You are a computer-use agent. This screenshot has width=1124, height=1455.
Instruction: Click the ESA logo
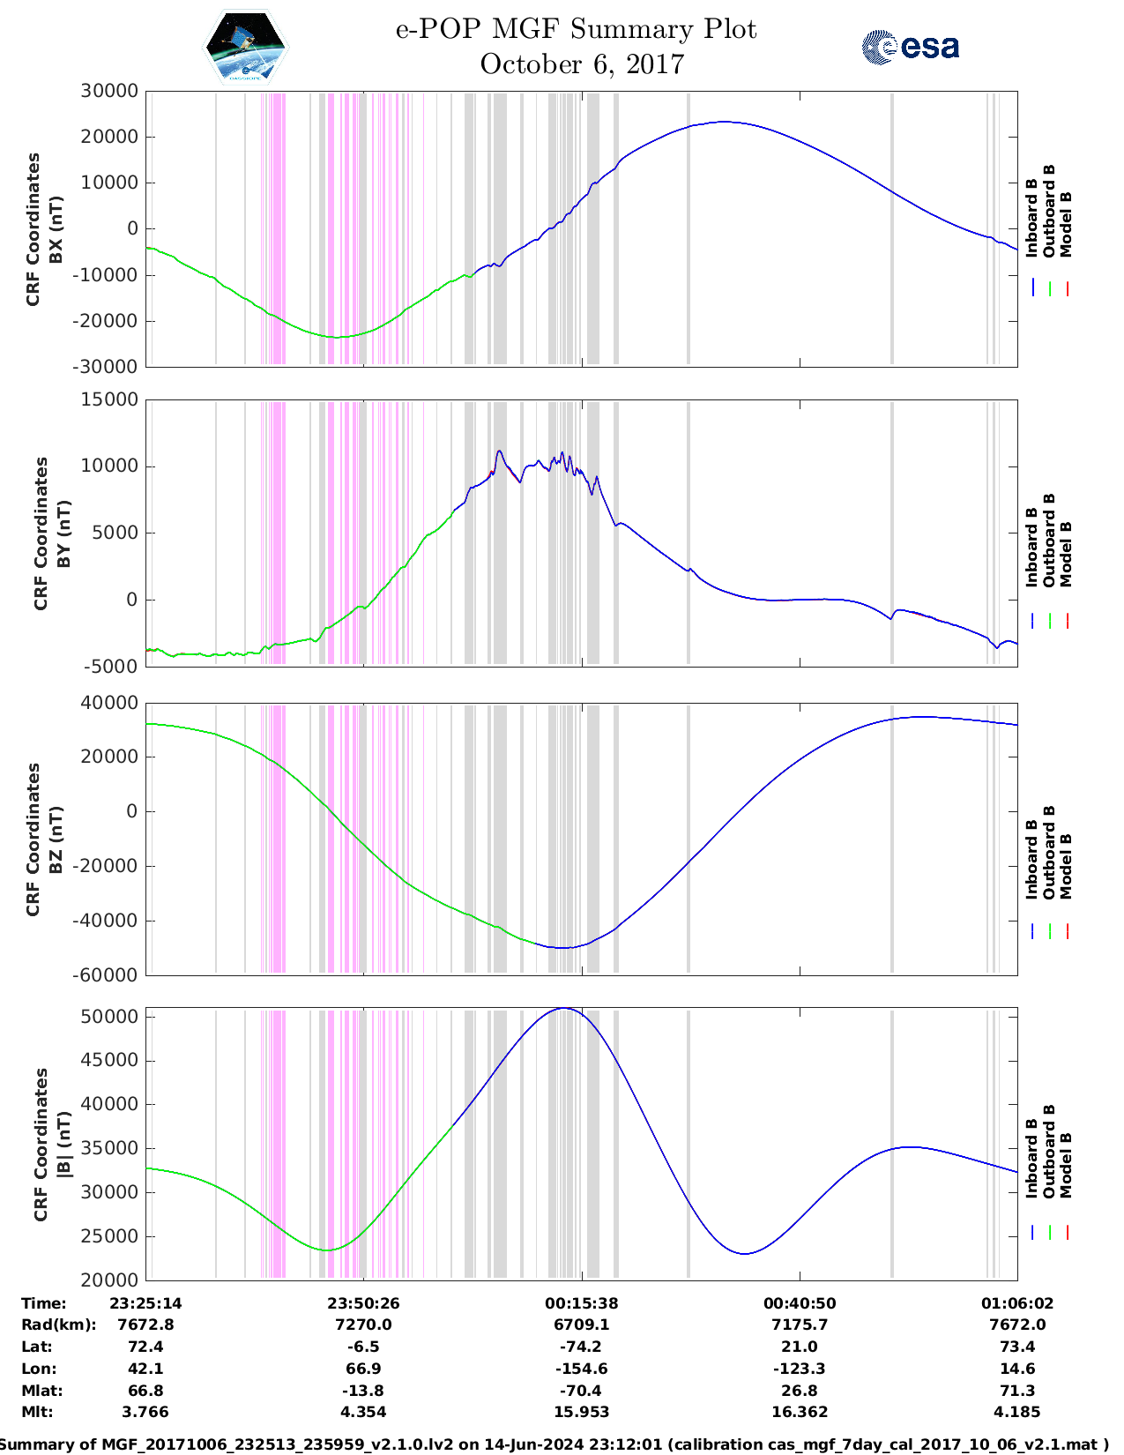point(911,47)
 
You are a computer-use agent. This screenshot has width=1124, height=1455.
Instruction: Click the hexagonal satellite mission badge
point(245,48)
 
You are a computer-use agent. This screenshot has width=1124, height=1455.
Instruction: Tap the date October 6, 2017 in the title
point(582,64)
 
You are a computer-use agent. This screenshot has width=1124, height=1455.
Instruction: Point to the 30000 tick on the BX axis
point(108,91)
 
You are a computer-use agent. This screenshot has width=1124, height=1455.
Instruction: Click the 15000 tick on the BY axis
point(108,399)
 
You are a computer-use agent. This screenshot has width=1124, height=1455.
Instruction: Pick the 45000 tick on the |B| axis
point(110,1060)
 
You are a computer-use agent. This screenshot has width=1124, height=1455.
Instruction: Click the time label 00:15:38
point(582,1303)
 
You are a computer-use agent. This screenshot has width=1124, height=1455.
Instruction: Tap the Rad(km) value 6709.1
point(582,1324)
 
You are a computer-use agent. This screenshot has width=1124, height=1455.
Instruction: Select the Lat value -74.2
point(582,1347)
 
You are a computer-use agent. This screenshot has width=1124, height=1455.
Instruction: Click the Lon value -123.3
point(800,1369)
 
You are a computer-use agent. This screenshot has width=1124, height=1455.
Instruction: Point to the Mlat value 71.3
point(1017,1391)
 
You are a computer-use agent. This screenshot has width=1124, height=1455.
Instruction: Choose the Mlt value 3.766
point(145,1412)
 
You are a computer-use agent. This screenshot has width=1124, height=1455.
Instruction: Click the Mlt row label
point(37,1412)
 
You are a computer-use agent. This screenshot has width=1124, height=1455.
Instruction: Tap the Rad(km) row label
point(58,1324)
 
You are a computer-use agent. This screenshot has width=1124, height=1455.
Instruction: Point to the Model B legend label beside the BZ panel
point(1066,866)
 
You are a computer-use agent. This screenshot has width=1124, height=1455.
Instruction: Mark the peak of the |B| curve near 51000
point(565,1009)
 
